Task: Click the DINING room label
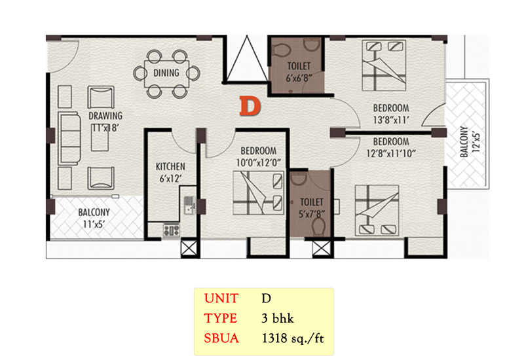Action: click(x=166, y=73)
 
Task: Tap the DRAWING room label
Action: click(x=105, y=116)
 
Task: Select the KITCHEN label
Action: click(x=170, y=166)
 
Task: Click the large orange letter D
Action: click(x=250, y=106)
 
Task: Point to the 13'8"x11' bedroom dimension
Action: click(x=391, y=120)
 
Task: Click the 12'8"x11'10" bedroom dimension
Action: click(x=391, y=154)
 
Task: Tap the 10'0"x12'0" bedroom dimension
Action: click(x=259, y=162)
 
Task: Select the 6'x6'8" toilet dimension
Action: click(x=299, y=78)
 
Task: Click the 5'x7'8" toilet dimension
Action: click(x=312, y=214)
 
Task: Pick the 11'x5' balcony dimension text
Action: click(x=94, y=224)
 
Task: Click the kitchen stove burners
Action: click(x=171, y=230)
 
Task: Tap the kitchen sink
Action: click(x=189, y=205)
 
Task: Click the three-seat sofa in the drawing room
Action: click(x=69, y=138)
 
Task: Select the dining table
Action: click(x=166, y=74)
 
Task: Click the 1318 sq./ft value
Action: click(x=293, y=338)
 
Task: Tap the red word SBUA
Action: click(x=221, y=338)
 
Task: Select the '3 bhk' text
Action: click(x=278, y=318)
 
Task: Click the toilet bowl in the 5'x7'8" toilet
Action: click(x=318, y=227)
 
